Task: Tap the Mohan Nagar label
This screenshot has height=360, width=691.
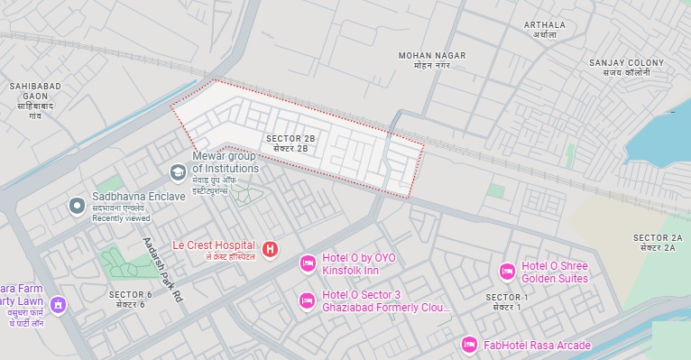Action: pyautogui.click(x=432, y=60)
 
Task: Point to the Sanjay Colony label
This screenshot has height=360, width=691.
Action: pyautogui.click(x=626, y=68)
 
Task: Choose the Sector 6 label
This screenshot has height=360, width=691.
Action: pyautogui.click(x=130, y=300)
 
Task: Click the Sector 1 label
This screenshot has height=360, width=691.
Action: pyautogui.click(x=506, y=302)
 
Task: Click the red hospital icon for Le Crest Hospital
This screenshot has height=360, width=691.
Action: pyautogui.click(x=270, y=248)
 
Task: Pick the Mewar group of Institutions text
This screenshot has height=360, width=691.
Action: pyautogui.click(x=225, y=162)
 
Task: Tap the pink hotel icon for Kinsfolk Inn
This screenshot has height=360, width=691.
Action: pyautogui.click(x=308, y=263)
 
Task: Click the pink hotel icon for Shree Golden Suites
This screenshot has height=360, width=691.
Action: pyautogui.click(x=507, y=271)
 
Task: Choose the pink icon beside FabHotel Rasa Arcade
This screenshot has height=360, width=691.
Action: pyautogui.click(x=468, y=345)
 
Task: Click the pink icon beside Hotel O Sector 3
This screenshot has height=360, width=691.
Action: pyautogui.click(x=307, y=300)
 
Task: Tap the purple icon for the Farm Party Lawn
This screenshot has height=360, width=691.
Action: pyautogui.click(x=59, y=304)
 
